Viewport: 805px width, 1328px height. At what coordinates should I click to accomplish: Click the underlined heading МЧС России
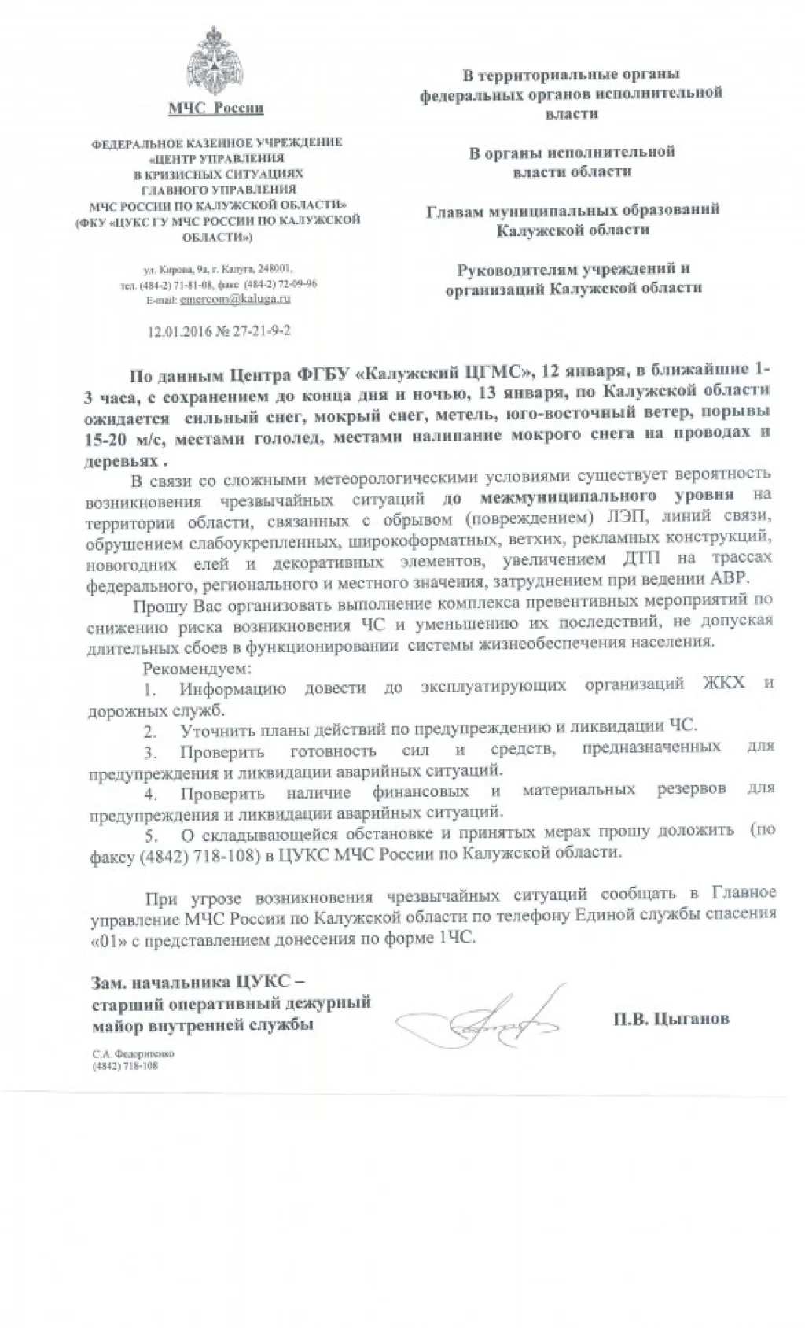216,108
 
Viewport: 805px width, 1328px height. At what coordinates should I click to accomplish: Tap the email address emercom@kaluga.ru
235,300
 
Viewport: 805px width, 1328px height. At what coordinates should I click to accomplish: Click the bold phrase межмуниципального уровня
606,495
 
